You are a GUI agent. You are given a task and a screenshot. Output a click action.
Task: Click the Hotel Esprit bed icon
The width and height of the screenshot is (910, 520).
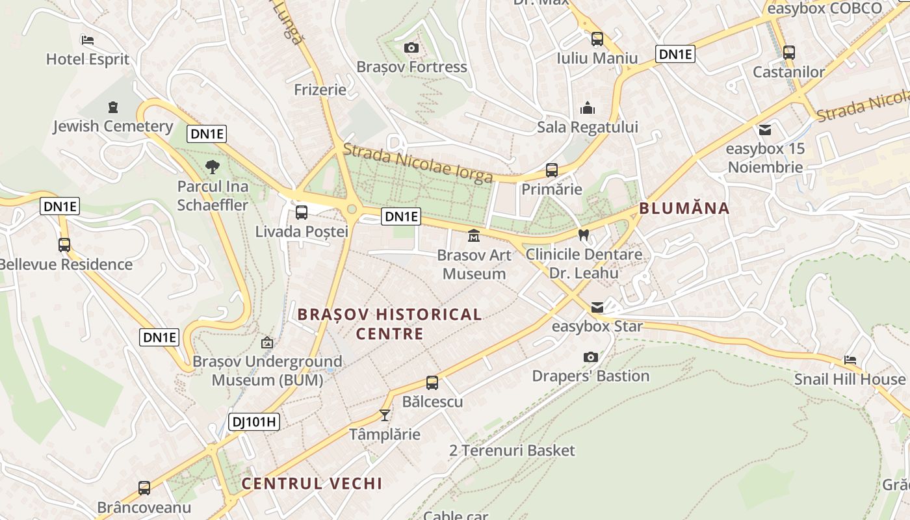click(x=88, y=40)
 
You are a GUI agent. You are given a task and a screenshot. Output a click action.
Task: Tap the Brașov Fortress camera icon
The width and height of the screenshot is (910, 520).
click(x=411, y=47)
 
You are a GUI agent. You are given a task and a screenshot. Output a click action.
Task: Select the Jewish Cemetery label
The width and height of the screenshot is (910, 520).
click(x=113, y=126)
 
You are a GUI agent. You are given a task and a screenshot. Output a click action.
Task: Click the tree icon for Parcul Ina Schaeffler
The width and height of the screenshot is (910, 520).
click(x=212, y=167)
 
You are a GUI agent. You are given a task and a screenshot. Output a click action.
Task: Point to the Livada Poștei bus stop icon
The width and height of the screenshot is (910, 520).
click(x=302, y=212)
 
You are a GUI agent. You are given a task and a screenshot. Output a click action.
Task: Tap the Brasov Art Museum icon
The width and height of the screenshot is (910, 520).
click(x=473, y=235)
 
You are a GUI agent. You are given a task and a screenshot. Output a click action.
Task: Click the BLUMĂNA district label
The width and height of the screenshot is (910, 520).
click(x=684, y=209)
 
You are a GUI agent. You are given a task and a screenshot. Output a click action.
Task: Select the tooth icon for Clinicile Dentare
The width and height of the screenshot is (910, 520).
click(x=583, y=235)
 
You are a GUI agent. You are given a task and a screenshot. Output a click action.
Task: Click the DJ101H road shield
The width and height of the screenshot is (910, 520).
click(x=254, y=422)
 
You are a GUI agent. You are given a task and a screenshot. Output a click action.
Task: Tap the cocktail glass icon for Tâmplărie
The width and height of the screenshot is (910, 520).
click(x=385, y=415)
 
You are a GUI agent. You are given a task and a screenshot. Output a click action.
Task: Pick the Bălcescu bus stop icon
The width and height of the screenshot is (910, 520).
click(x=432, y=382)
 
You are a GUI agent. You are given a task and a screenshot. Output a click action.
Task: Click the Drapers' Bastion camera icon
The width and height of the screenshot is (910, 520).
click(x=590, y=357)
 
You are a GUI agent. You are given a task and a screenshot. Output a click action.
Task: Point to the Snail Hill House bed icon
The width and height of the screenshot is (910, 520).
click(x=850, y=359)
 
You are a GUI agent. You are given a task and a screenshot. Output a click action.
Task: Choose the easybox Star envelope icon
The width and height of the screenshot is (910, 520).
click(x=597, y=307)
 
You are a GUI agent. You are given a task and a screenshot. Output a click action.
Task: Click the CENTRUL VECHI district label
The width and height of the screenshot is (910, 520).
click(x=311, y=484)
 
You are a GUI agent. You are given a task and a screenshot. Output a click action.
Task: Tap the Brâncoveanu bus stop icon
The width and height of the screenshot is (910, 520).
click(x=144, y=487)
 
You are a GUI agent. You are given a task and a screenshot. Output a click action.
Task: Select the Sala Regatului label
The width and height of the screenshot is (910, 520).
click(x=587, y=127)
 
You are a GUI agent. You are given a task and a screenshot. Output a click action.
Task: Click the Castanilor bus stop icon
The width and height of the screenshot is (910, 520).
click(x=788, y=52)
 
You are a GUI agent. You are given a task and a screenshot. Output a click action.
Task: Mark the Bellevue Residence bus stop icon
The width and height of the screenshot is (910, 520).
click(x=64, y=245)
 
